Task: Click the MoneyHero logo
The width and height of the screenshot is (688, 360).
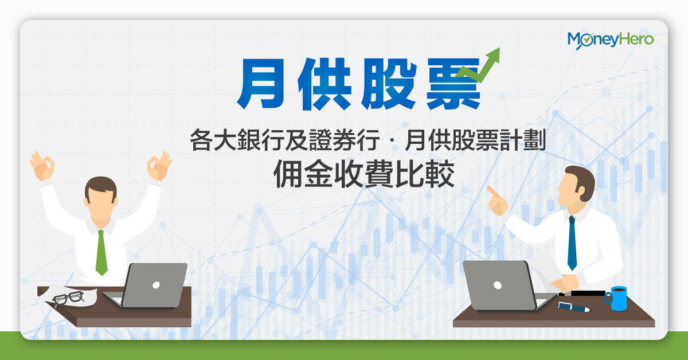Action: (610, 40)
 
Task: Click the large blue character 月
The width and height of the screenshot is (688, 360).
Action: (261, 84)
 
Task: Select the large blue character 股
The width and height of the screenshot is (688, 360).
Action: (389, 84)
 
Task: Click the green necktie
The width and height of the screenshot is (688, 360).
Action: (101, 252)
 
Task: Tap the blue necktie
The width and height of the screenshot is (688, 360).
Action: (572, 242)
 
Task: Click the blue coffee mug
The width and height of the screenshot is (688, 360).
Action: (616, 298)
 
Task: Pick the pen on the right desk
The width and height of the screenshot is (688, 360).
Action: (573, 307)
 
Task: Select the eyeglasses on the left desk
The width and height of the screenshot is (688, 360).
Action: (68, 298)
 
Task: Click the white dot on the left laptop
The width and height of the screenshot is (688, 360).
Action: (156, 285)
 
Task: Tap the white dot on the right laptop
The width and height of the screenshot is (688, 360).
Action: (498, 285)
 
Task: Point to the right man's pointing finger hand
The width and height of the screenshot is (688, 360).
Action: (497, 201)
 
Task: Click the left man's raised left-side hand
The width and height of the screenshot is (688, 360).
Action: (42, 166)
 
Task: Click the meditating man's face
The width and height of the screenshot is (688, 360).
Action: (100, 204)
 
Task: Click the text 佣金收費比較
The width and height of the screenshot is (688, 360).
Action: (364, 174)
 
